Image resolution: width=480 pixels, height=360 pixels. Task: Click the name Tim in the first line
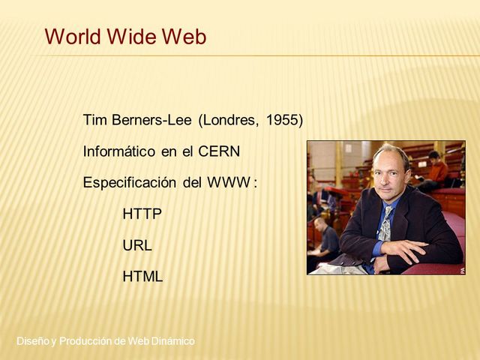tap(94, 120)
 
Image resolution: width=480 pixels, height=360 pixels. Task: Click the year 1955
tap(284, 120)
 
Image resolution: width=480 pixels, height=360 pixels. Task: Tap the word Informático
tap(119, 151)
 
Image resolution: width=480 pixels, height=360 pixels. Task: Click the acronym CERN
tap(219, 151)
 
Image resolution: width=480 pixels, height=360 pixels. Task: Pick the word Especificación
tap(129, 182)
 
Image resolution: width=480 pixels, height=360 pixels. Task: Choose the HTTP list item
tap(142, 214)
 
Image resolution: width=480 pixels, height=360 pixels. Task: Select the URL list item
tap(137, 245)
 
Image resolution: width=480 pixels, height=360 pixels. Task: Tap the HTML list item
tap(142, 277)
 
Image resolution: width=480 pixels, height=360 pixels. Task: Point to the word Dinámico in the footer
tap(172, 341)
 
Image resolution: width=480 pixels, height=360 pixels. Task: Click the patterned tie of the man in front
tap(384, 226)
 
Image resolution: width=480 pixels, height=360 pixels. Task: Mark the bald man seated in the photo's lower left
tap(325, 240)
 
